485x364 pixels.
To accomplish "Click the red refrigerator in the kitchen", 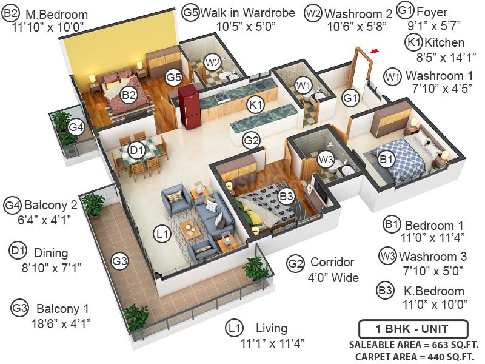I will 189,106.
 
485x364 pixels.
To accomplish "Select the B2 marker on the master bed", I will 129,95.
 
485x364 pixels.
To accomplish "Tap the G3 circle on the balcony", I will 120,261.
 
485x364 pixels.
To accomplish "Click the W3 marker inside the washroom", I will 326,159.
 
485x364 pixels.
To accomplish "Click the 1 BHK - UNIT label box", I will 412,329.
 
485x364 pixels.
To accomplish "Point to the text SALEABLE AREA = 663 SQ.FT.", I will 412,345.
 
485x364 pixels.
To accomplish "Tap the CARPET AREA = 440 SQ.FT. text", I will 415,357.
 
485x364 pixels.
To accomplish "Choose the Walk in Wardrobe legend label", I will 247,12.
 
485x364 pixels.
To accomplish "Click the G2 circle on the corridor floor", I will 252,141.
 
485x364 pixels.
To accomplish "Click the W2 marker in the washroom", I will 212,61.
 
